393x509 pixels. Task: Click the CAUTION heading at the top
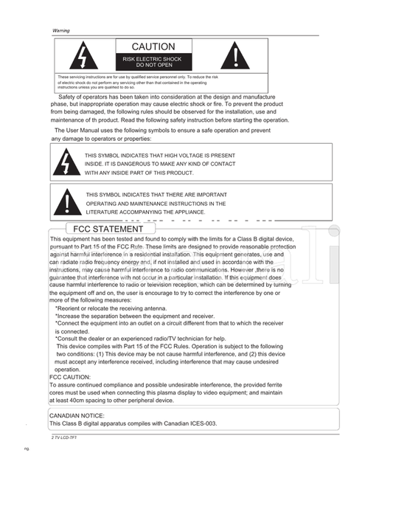153,46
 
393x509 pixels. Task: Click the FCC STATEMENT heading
108,229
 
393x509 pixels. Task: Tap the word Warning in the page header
60,30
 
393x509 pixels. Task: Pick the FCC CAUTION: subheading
70,377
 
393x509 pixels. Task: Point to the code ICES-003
203,423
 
